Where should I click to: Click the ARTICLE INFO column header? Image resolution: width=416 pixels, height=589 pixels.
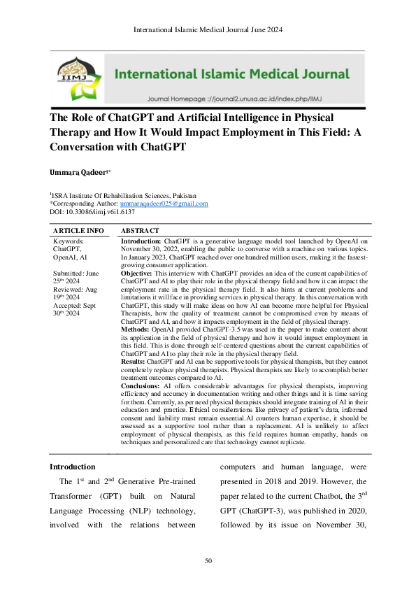tap(79, 230)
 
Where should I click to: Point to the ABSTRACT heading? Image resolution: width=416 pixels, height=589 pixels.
tap(140, 230)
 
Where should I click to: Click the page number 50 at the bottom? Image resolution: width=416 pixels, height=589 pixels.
tap(208, 561)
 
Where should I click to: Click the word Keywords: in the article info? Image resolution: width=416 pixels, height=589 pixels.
tap(69, 240)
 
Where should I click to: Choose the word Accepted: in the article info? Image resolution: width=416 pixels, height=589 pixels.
tap(68, 304)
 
